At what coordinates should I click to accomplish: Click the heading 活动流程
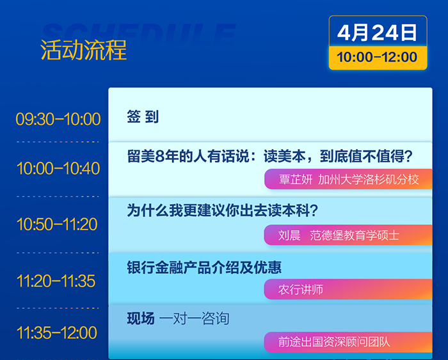(83, 50)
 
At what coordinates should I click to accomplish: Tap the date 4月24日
(377, 33)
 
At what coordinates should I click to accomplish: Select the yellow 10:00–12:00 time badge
(378, 58)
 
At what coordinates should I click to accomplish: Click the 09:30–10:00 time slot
(58, 119)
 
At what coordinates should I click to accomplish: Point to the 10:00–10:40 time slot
(58, 168)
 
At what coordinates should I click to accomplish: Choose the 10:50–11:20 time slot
(57, 224)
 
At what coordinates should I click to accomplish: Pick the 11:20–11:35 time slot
(56, 281)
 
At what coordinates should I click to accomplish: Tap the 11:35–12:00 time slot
(56, 333)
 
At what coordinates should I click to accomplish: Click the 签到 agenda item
(143, 117)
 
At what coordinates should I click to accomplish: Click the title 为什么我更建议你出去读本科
(223, 210)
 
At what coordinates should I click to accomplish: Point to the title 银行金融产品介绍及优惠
(204, 267)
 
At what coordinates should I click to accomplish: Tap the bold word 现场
(141, 318)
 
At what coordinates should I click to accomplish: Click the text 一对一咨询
(195, 318)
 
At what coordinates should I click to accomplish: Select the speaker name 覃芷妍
(296, 180)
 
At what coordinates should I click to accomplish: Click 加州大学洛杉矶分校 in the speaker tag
(369, 180)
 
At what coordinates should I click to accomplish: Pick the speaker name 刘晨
(289, 235)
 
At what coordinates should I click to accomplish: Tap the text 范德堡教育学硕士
(355, 235)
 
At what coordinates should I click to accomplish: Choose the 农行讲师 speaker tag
(348, 290)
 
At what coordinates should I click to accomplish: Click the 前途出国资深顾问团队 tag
(348, 342)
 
